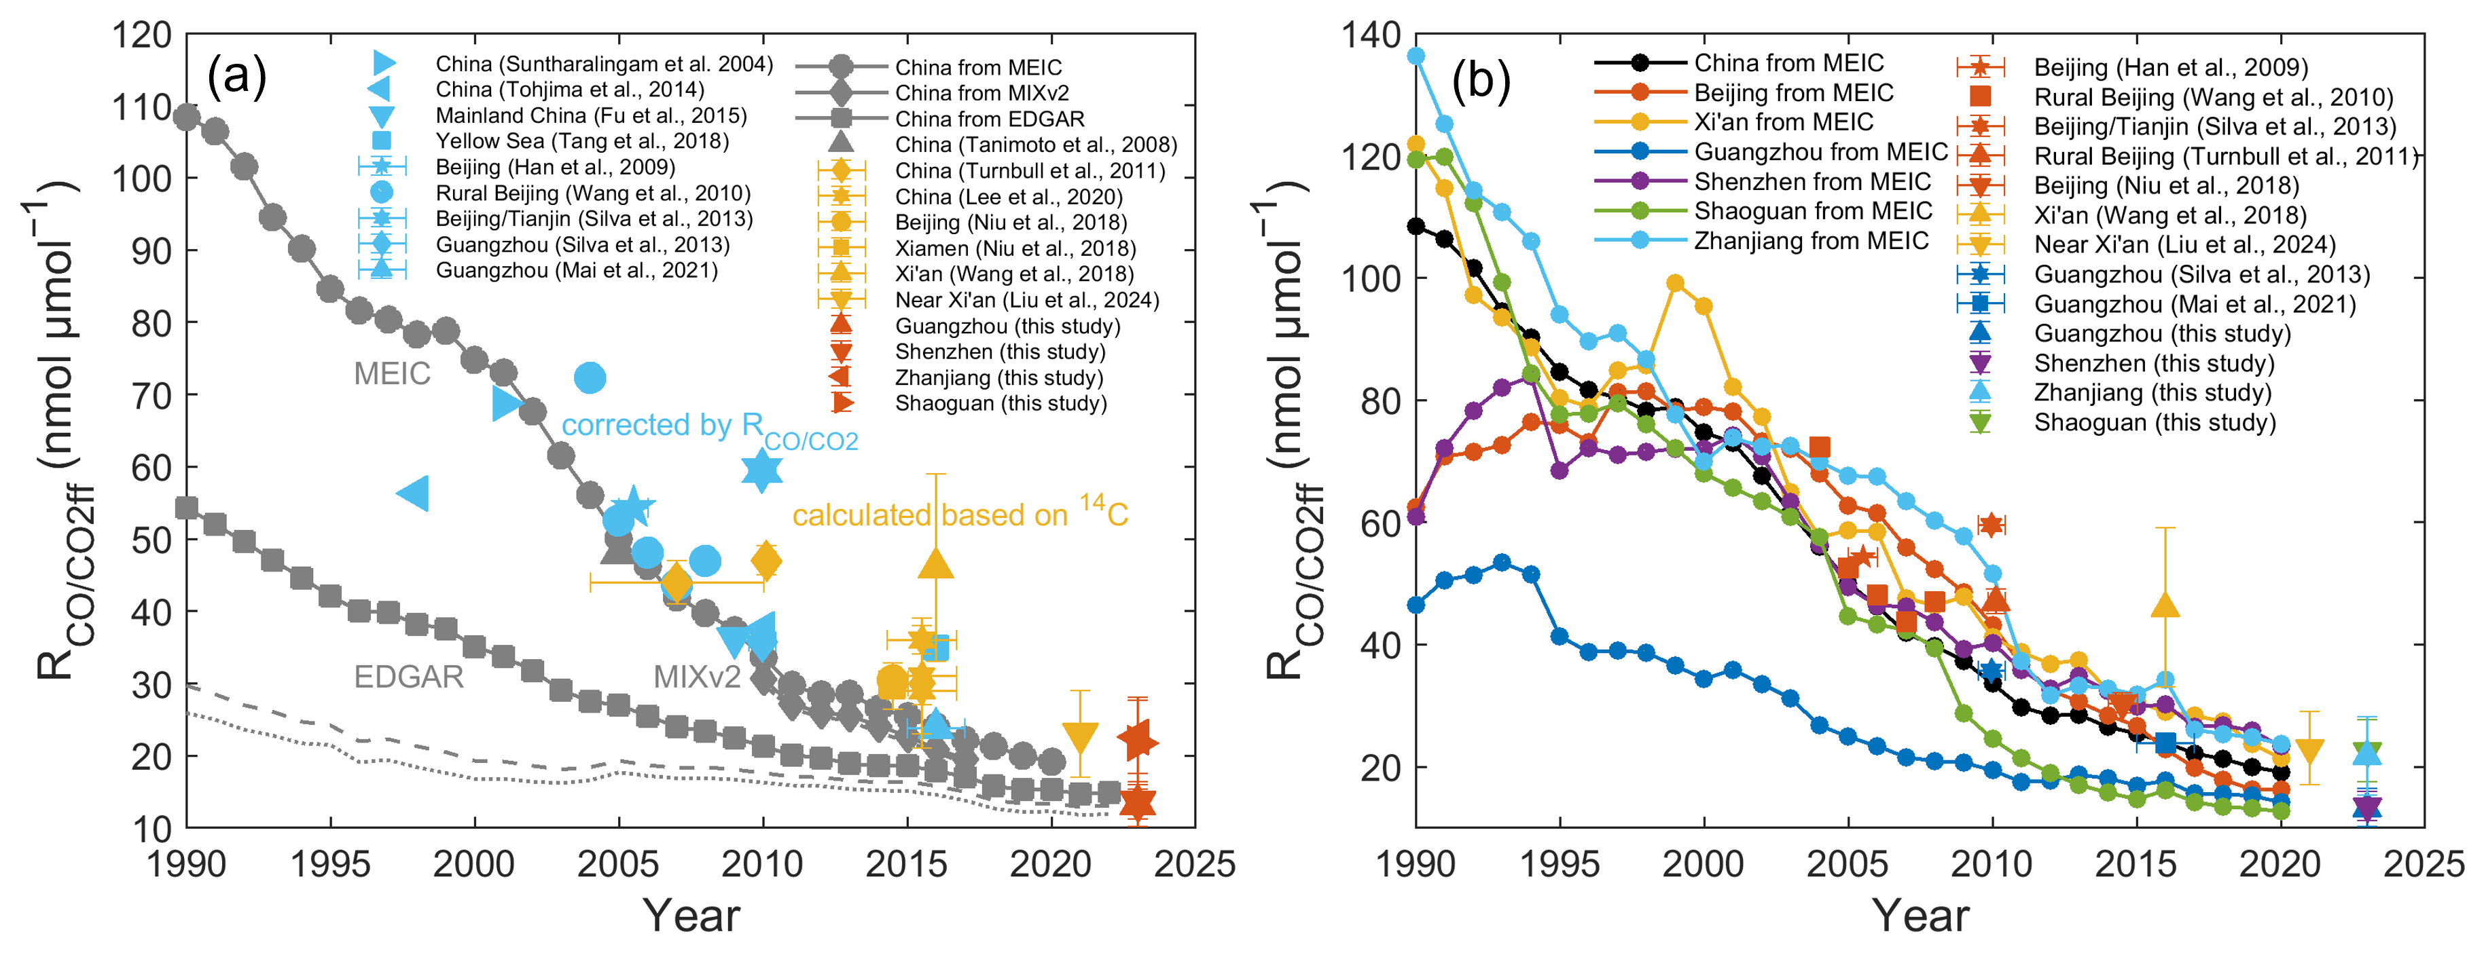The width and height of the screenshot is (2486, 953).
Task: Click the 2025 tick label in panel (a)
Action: tap(1195, 863)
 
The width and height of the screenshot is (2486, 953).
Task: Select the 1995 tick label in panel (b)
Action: tap(1560, 863)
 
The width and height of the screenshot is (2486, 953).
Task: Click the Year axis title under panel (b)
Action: tap(1920, 914)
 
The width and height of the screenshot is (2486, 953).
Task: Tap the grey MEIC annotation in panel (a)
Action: tap(392, 373)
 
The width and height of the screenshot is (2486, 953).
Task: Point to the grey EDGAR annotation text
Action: tap(408, 676)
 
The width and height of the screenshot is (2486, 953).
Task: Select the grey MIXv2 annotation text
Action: tap(697, 676)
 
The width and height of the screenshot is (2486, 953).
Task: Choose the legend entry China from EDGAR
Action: tap(989, 119)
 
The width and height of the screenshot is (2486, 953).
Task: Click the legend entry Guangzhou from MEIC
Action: tap(1820, 151)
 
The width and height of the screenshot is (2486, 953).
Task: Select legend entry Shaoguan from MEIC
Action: tap(1812, 210)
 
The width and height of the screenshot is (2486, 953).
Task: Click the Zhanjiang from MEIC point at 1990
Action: tap(1416, 56)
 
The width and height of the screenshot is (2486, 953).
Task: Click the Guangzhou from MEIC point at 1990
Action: tap(1416, 605)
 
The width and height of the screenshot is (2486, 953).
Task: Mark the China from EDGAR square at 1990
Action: tap(186, 507)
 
